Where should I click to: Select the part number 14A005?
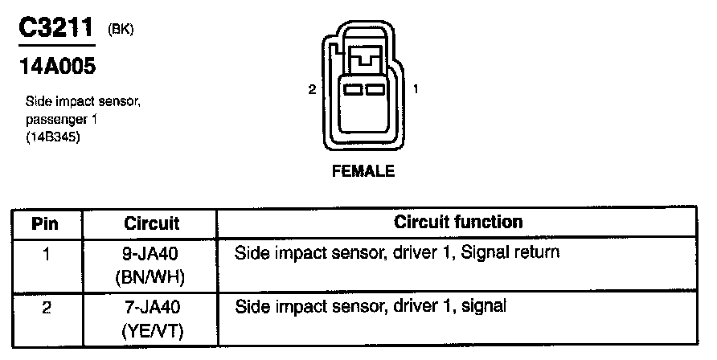pyautogui.click(x=56, y=67)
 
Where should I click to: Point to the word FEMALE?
pyautogui.click(x=363, y=171)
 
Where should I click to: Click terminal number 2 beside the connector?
pyautogui.click(x=312, y=90)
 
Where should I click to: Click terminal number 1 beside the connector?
pyautogui.click(x=415, y=90)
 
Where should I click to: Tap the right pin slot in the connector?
pyautogui.click(x=374, y=91)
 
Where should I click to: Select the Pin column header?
pyautogui.click(x=45, y=223)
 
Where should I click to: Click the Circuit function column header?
pyautogui.click(x=458, y=222)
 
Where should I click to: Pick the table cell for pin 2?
pyautogui.click(x=45, y=307)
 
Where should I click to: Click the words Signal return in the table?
pyautogui.click(x=515, y=253)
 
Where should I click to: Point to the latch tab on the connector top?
pyautogui.click(x=363, y=58)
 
